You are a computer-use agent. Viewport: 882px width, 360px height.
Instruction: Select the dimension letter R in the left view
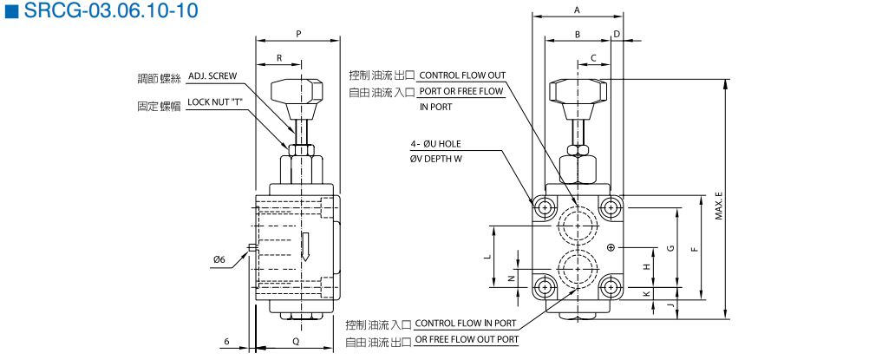279,57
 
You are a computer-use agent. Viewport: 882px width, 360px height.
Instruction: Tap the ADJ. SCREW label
212,76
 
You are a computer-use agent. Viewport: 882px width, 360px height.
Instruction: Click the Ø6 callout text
219,259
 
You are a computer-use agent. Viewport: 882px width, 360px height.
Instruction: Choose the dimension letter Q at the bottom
297,342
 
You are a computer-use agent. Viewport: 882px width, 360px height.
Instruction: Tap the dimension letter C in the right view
594,58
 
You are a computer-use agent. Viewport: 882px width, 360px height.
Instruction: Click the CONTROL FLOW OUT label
462,75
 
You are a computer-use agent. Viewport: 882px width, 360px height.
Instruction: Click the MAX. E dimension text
719,206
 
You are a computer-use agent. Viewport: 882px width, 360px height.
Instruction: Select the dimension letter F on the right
693,249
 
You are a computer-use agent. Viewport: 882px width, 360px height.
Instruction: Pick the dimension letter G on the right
670,248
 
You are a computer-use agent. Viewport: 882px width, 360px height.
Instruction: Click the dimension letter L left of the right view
488,257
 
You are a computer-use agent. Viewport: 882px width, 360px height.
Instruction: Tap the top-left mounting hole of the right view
545,207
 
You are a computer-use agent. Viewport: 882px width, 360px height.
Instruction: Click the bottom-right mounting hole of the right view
611,287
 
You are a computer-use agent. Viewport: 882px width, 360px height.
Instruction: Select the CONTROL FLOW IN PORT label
466,324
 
